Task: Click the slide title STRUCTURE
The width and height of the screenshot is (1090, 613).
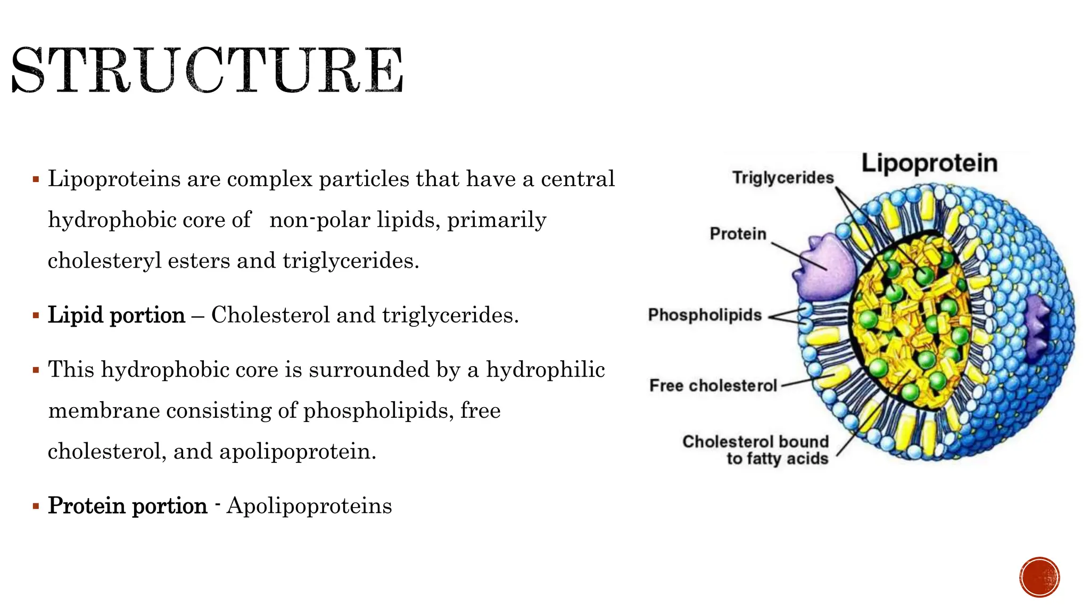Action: (x=207, y=70)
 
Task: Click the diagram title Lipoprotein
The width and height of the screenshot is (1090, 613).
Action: (x=929, y=163)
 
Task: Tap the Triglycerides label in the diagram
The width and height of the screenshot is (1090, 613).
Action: (x=782, y=178)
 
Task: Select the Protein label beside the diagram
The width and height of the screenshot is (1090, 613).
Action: (x=738, y=234)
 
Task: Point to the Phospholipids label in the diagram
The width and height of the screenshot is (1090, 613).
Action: (x=705, y=315)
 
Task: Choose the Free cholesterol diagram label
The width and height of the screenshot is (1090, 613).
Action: (x=713, y=385)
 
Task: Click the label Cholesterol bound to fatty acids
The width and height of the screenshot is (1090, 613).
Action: (x=756, y=450)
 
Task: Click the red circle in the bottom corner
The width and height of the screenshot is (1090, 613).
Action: (x=1039, y=577)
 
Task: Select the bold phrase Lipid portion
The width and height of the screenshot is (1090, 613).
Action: (x=117, y=315)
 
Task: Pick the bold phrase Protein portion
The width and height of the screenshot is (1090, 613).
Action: (x=128, y=506)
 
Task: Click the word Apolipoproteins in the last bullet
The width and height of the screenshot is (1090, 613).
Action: (x=309, y=506)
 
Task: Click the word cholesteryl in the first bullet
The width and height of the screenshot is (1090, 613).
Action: (x=104, y=261)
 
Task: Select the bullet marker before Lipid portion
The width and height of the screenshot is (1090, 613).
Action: (x=36, y=316)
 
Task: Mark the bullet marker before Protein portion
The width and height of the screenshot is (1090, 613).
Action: (x=36, y=506)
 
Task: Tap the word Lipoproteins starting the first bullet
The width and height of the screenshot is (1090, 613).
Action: (x=114, y=179)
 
